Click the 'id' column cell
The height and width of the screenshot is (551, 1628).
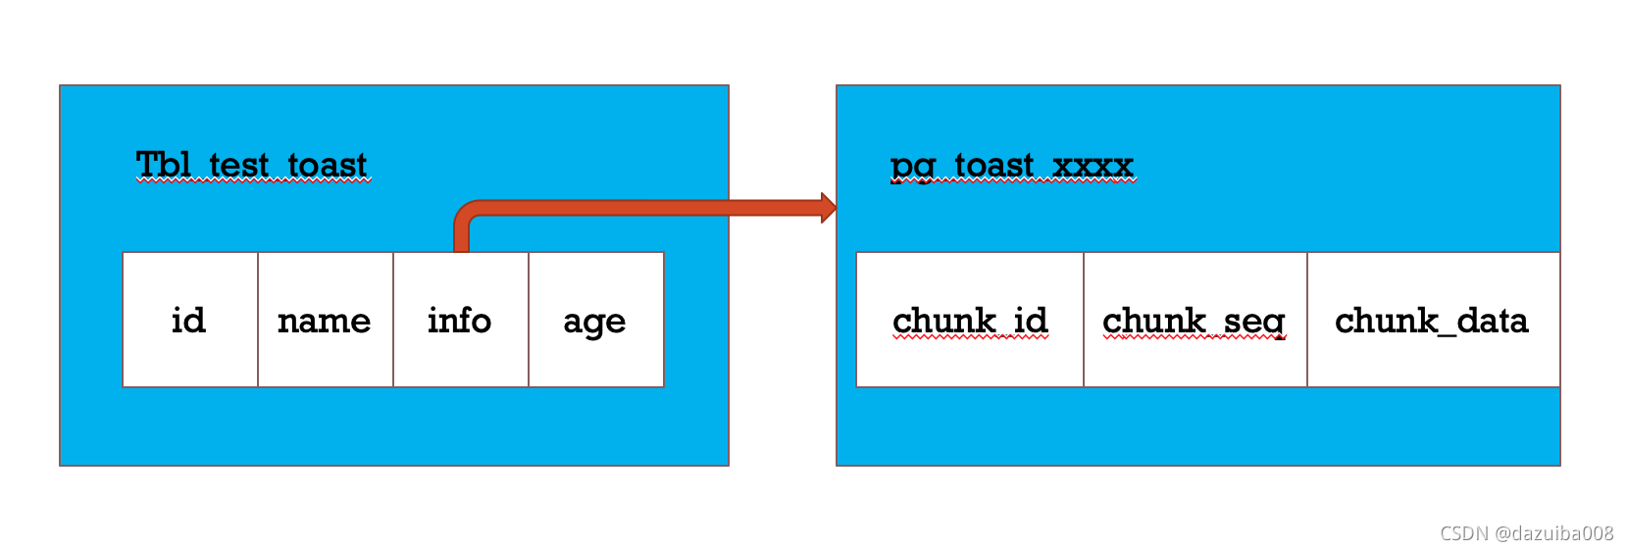coord(190,320)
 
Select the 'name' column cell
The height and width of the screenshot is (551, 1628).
coord(326,320)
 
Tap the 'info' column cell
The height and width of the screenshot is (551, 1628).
coord(461,320)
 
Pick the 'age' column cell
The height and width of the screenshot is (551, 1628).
coord(596,320)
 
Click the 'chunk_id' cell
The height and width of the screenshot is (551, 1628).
coord(970,320)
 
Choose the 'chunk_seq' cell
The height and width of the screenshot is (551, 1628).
coord(1195,320)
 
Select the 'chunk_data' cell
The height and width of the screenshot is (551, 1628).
coord(1432,320)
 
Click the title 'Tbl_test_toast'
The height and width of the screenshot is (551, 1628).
coord(252,165)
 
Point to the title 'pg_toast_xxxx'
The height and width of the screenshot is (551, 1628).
coord(1012,165)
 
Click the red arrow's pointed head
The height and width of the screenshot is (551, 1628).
coord(828,208)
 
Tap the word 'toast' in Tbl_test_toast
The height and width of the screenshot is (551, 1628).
coord(328,165)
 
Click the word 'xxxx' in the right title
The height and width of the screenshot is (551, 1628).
coord(1093,165)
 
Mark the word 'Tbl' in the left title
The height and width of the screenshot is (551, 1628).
coord(162,165)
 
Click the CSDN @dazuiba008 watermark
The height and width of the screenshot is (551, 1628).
coord(1526,533)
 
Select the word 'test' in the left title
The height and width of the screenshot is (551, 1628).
coord(238,165)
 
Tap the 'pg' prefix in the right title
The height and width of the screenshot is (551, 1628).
coord(912,167)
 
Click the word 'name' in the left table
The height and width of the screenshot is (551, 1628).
coord(325,321)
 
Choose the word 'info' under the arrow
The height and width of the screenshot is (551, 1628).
coord(459,320)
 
